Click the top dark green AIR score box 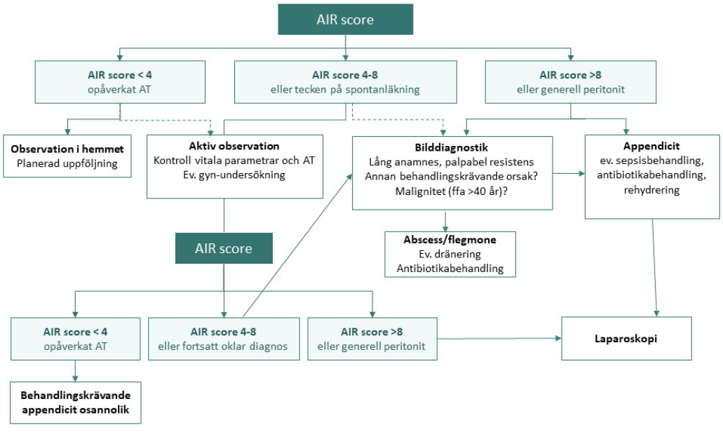(x=345, y=20)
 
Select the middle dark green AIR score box (x=224, y=248)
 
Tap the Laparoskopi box (x=626, y=339)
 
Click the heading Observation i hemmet (x=67, y=149)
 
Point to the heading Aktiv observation (x=234, y=146)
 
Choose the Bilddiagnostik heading (x=452, y=147)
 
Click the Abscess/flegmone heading (x=450, y=240)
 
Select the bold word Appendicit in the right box (x=651, y=146)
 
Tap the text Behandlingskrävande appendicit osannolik (x=76, y=403)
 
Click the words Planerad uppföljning (x=67, y=163)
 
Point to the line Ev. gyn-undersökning (x=234, y=175)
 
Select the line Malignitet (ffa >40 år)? (x=452, y=191)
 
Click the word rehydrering (x=651, y=190)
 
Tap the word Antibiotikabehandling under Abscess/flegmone (x=450, y=269)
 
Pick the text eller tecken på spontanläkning (x=345, y=90)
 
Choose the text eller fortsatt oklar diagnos (x=223, y=346)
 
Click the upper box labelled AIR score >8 (x=571, y=82)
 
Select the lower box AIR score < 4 (x=76, y=339)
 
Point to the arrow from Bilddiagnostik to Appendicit (x=569, y=174)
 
